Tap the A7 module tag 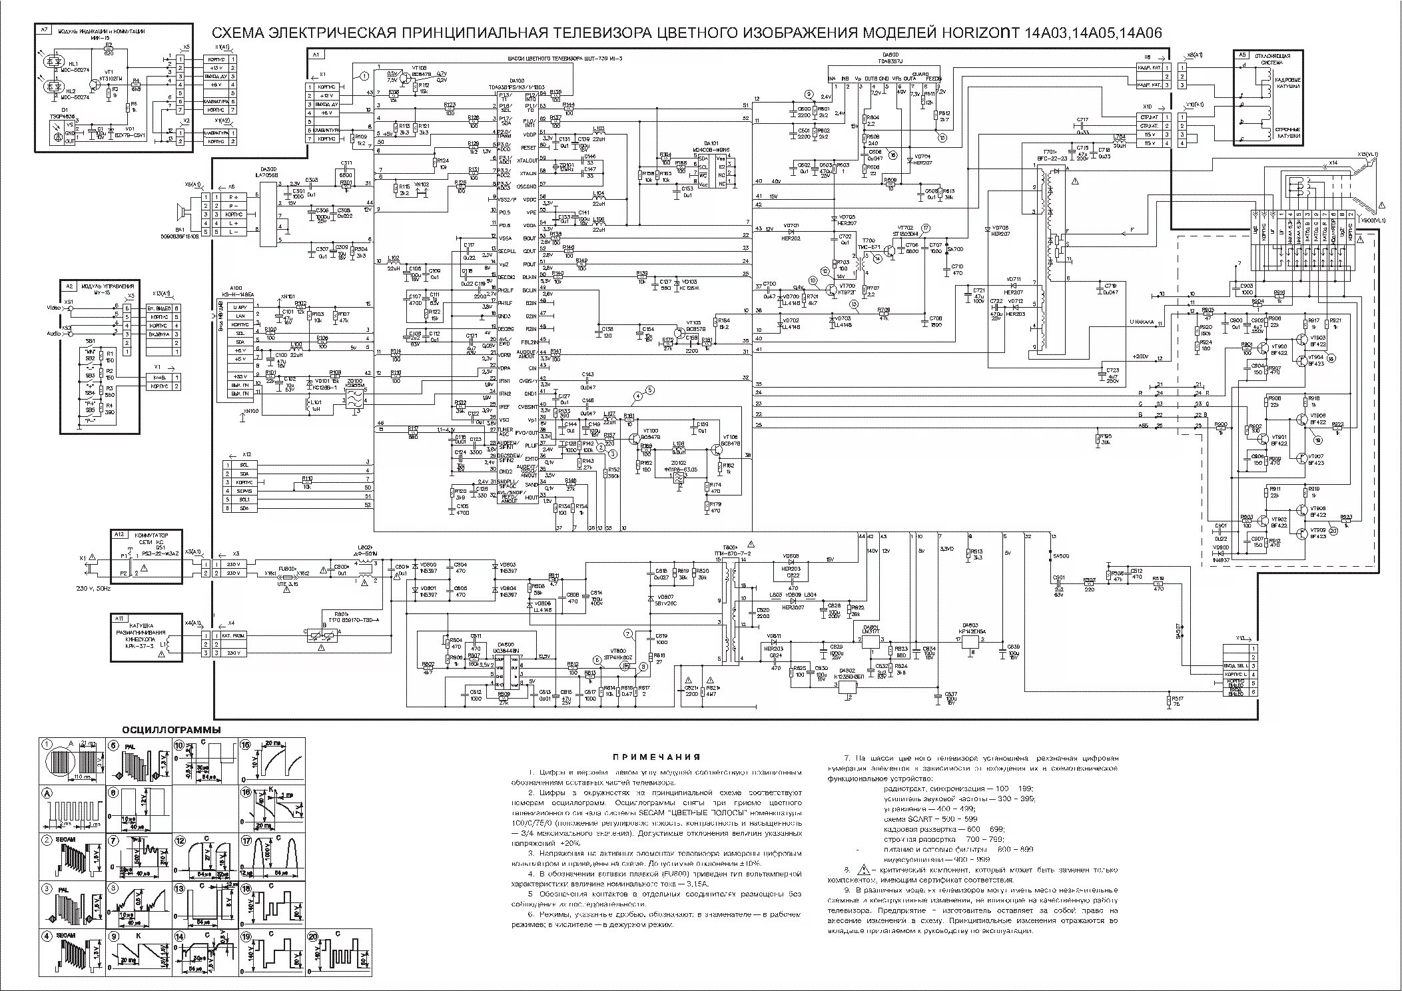pos(44,30)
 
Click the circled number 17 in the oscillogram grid pos(246,840)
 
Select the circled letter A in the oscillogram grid pos(47,793)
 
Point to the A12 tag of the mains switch pos(119,534)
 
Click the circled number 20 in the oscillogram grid pos(314,936)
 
